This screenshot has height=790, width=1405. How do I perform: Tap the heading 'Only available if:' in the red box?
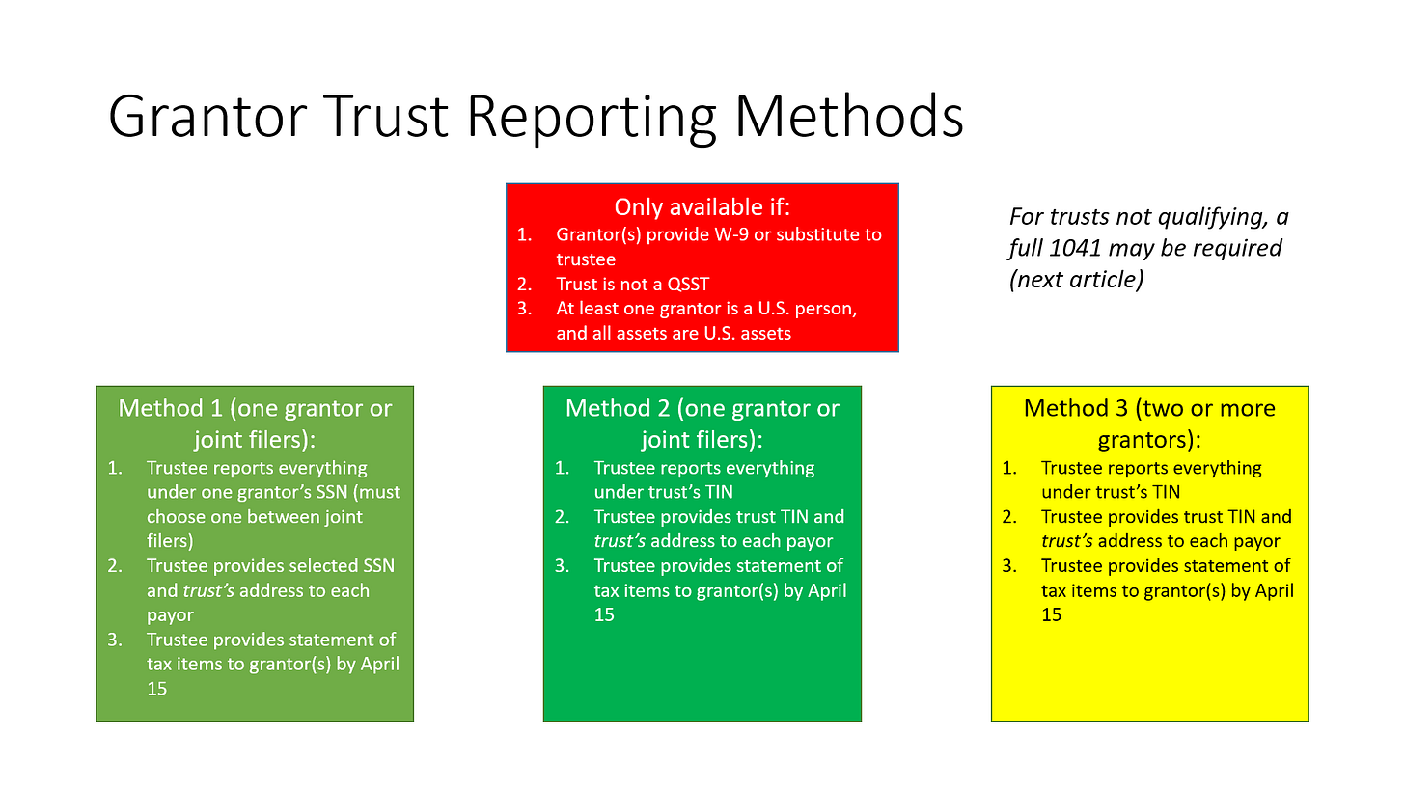click(702, 207)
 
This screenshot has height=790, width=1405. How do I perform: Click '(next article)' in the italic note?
click(1077, 280)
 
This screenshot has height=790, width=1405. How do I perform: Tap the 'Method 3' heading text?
click(1064, 409)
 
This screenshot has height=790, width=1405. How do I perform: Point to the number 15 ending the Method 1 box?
click(156, 689)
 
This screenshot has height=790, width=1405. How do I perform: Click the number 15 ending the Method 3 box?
click(1051, 614)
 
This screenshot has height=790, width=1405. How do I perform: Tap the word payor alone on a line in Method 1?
click(171, 615)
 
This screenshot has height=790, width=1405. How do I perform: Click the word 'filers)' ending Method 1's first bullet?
click(170, 541)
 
